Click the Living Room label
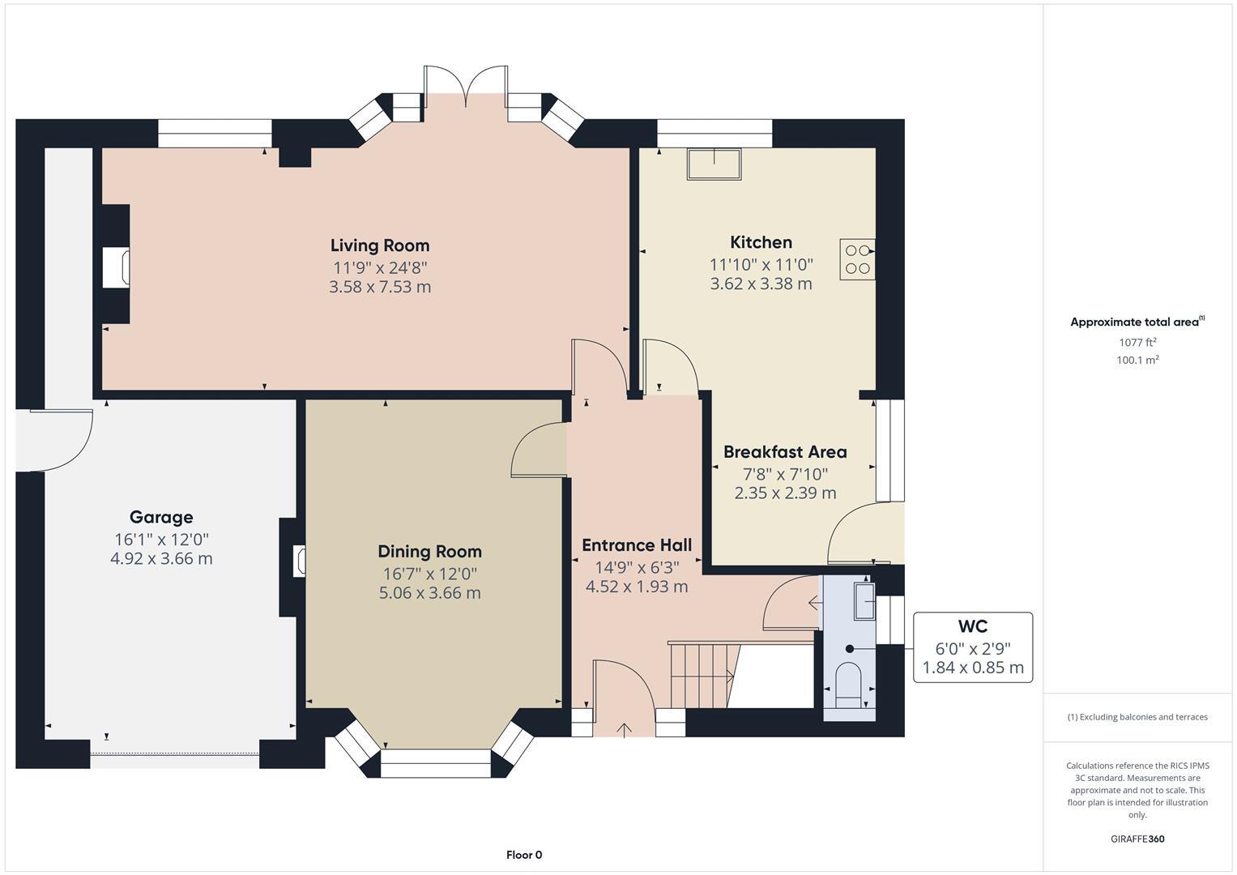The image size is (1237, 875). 379,245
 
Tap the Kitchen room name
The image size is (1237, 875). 761,242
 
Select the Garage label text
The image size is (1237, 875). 161,517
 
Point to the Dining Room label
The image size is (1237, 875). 429,552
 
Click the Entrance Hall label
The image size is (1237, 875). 637,545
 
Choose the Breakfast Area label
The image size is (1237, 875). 784,452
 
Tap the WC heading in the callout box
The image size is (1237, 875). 972,626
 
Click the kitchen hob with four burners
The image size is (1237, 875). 857,259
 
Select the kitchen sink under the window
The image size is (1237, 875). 714,164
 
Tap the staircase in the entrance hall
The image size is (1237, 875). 701,674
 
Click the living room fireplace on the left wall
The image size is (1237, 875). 115,267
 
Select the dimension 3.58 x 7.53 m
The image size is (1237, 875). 379,287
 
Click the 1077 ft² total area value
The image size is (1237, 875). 1137,343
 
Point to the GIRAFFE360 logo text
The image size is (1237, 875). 1137,839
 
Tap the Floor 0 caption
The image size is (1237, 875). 523,855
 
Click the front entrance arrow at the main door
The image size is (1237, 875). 624,729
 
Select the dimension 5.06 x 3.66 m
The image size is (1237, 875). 429,593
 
